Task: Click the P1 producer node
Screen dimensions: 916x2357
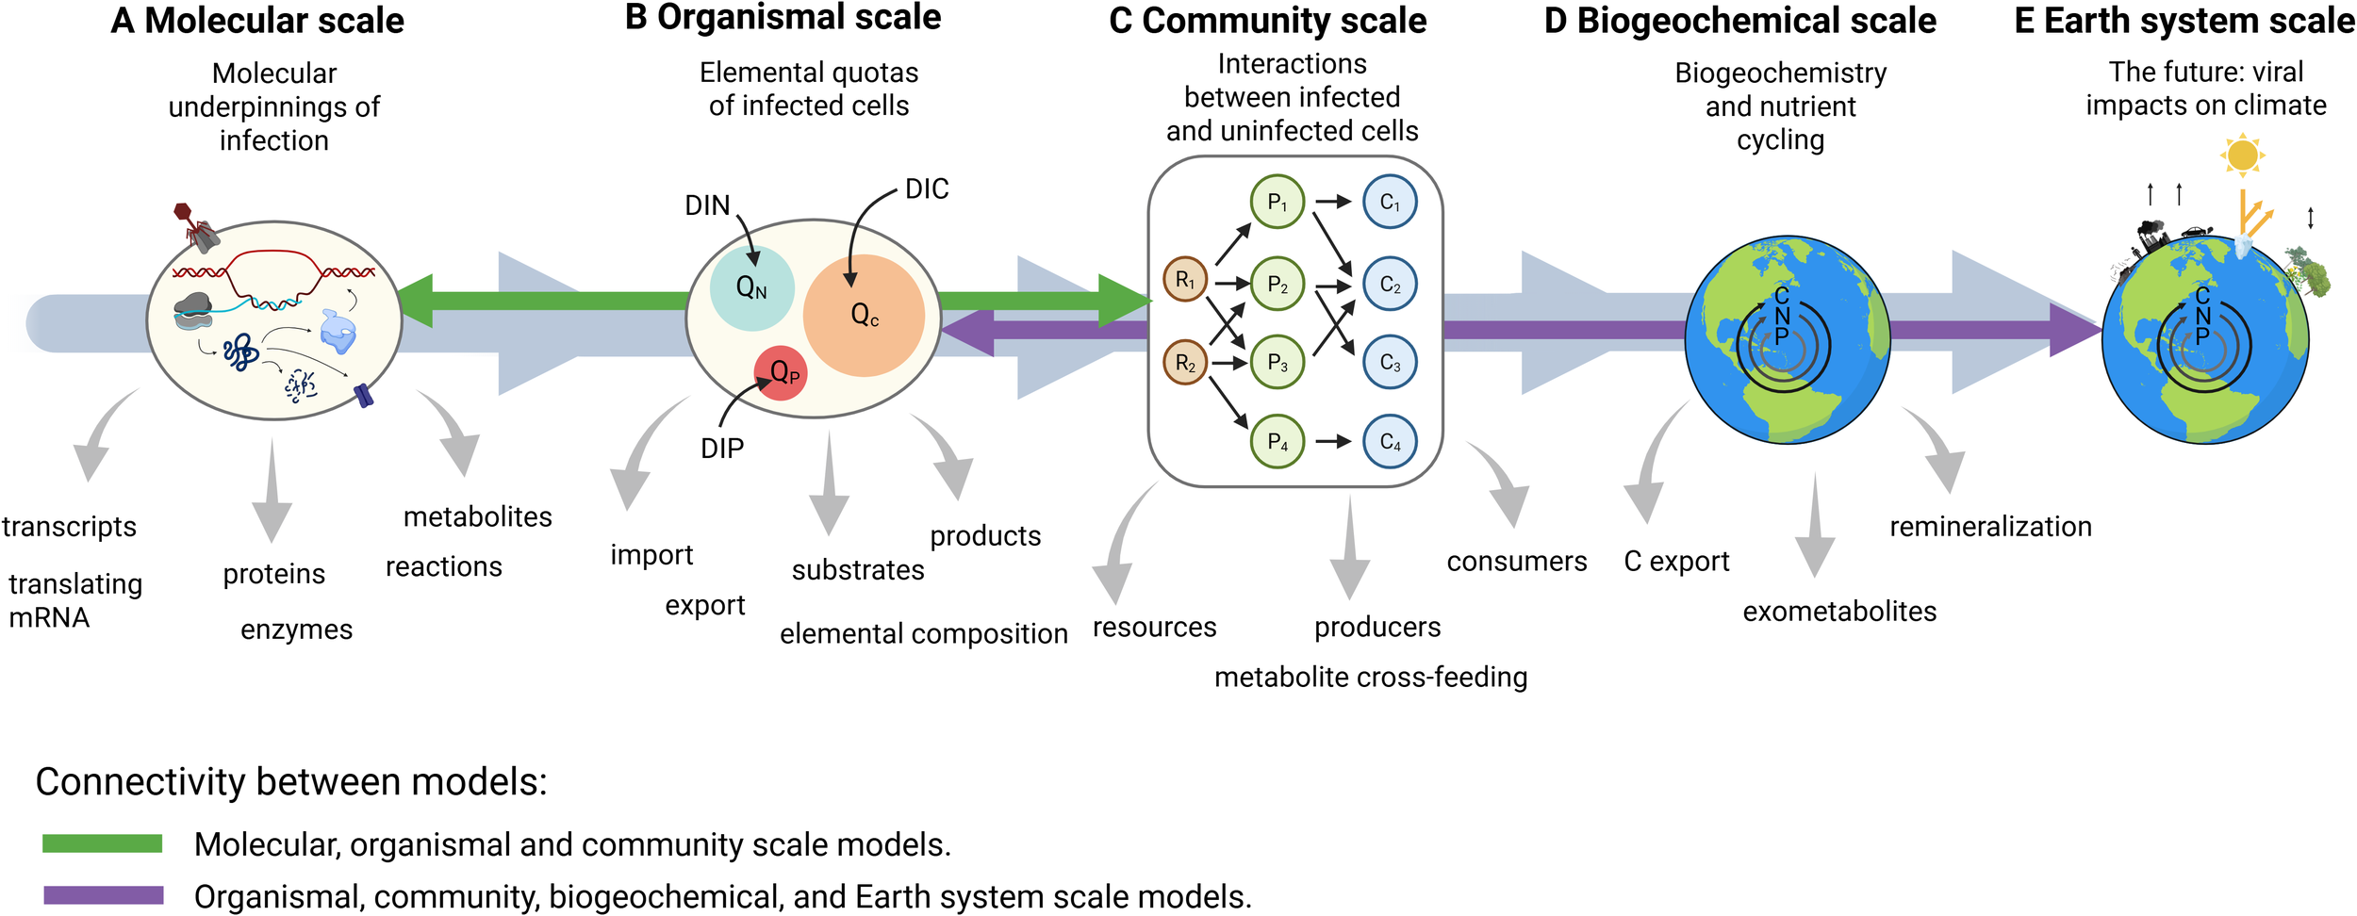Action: [x=1277, y=202]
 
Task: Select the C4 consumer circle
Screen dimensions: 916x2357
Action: [x=1390, y=441]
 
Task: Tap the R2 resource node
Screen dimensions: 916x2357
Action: [x=1185, y=363]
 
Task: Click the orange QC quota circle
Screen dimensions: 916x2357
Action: [x=864, y=315]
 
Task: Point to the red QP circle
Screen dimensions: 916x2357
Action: [x=782, y=373]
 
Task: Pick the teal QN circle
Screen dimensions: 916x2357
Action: [x=751, y=287]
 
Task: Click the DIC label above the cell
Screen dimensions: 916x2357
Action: [x=926, y=189]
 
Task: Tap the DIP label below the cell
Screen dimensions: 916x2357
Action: [x=721, y=449]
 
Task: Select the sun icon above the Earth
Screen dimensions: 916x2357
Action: [x=2242, y=155]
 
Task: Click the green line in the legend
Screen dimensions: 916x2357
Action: [x=102, y=843]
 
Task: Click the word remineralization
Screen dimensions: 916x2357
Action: [x=1989, y=526]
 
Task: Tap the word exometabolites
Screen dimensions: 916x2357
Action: [x=1838, y=612]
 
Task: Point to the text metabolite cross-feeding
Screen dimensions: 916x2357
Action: [x=1370, y=677]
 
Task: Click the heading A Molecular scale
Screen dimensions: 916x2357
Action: [x=256, y=21]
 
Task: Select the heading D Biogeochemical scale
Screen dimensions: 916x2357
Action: [x=1739, y=21]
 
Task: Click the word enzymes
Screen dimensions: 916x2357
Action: [x=296, y=630]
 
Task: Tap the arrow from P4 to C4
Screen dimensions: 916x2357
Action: [x=1333, y=441]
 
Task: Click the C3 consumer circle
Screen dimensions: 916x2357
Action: [x=1390, y=363]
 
